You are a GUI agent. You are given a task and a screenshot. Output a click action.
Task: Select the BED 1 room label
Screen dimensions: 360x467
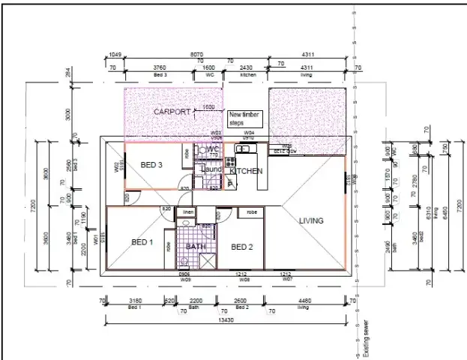click(x=142, y=242)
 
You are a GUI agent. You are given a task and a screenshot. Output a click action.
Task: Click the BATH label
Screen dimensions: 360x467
click(x=196, y=246)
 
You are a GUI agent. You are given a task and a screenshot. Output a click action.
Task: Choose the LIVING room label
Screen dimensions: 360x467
click(x=311, y=220)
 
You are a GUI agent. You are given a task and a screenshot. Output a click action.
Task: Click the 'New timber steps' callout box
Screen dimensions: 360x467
click(x=244, y=118)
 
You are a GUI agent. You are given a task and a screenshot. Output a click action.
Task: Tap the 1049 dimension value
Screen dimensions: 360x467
click(x=115, y=55)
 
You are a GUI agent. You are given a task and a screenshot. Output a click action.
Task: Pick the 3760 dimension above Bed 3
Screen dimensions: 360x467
click(x=160, y=69)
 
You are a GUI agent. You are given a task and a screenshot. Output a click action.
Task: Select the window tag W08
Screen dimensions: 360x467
click(x=245, y=279)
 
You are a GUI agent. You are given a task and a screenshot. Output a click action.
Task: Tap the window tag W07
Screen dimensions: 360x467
click(x=286, y=279)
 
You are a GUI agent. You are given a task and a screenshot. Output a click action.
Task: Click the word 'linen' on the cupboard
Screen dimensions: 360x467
click(x=190, y=212)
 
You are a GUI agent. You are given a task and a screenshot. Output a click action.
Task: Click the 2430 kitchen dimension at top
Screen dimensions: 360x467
click(x=248, y=69)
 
